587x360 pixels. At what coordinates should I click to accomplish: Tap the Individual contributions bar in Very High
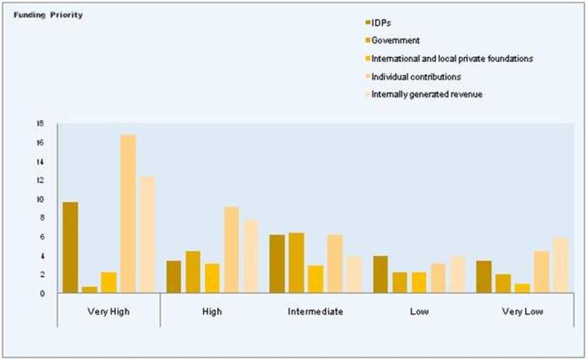tap(127, 214)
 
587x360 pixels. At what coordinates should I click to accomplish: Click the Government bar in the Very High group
tap(89, 290)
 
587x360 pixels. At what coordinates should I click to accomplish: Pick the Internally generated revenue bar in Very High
tap(147, 235)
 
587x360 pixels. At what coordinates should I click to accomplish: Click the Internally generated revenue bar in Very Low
tap(560, 265)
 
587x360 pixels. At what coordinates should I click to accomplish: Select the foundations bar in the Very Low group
tap(522, 288)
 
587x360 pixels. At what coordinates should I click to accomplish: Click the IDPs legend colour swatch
tap(366, 22)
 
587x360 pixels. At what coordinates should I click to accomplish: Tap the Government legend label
tap(396, 39)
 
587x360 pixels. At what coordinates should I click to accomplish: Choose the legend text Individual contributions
tap(416, 76)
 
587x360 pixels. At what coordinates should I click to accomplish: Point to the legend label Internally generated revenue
tap(427, 94)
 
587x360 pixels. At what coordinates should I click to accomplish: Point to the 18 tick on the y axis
tap(39, 123)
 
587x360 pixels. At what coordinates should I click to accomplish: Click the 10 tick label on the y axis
tap(39, 199)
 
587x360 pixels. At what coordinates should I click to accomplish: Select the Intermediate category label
tap(314, 312)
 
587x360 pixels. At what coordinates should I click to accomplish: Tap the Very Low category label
tap(522, 312)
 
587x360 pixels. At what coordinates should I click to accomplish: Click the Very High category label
tap(107, 312)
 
